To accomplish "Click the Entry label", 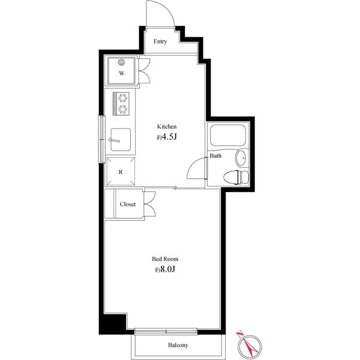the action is (x=160, y=41).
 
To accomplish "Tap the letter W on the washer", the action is (x=122, y=73).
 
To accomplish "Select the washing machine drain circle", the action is (x=121, y=62).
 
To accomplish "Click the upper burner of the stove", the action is (x=122, y=98).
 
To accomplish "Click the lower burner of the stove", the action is (x=122, y=109).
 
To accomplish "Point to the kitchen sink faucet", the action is (x=114, y=140).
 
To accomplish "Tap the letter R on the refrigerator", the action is (x=121, y=172).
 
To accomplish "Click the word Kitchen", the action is (x=167, y=127).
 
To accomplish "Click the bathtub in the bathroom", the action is (x=228, y=135).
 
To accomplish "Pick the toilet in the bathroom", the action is (x=236, y=177).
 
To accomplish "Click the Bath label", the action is (x=215, y=155).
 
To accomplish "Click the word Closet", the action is (x=128, y=204).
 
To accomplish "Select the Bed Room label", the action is (x=165, y=259).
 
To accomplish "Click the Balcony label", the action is (x=178, y=345).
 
